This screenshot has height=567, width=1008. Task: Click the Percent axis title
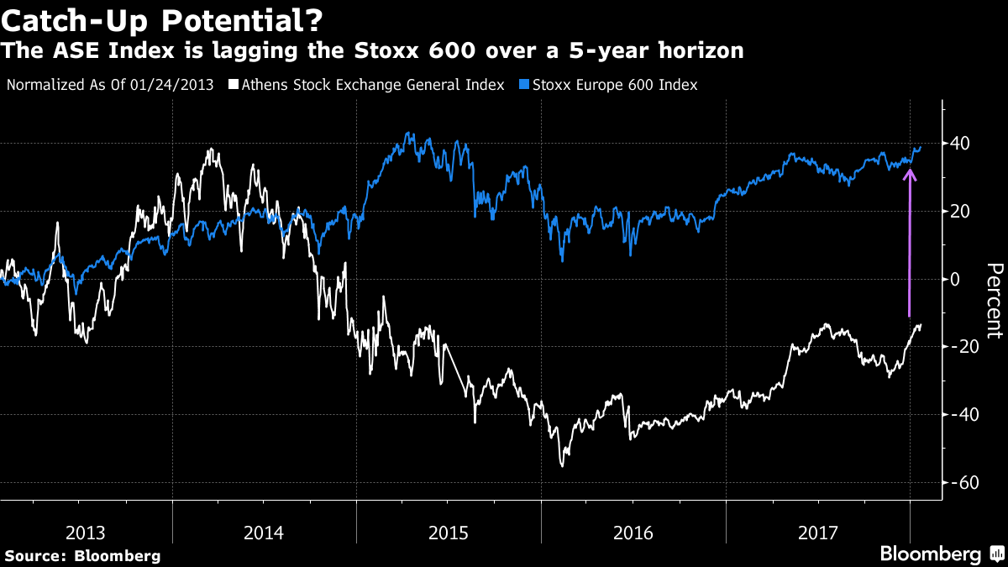[994, 300]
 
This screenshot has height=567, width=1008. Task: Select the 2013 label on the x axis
[86, 533]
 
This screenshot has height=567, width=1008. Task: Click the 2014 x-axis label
[265, 533]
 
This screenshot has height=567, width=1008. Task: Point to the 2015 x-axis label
[449, 533]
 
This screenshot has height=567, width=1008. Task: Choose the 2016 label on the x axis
[634, 533]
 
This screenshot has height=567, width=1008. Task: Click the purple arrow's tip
[910, 171]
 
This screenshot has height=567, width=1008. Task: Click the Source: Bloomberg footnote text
[82, 555]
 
